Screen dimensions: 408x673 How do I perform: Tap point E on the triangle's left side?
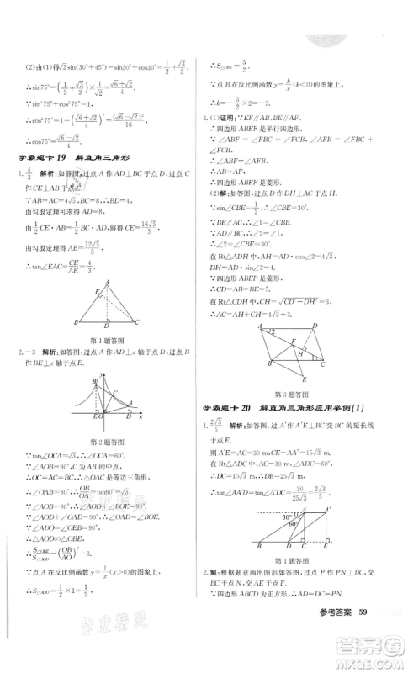coord(97,315)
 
